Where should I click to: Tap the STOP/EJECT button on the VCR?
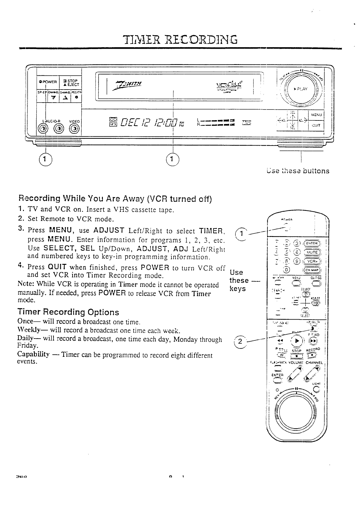tap(70, 83)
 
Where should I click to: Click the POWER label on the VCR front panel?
tap(48, 82)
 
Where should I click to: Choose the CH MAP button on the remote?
tap(313, 270)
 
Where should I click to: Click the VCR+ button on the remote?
tap(313, 262)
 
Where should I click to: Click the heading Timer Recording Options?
tap(68, 312)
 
